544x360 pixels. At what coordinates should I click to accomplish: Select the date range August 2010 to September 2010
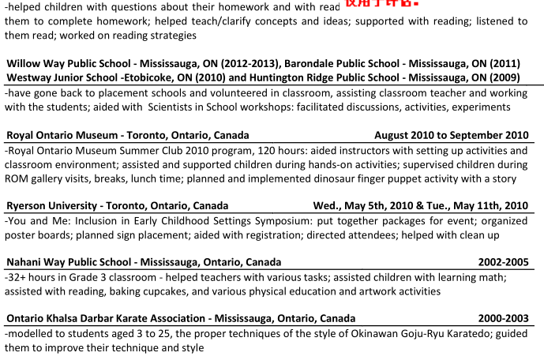[x=451, y=135]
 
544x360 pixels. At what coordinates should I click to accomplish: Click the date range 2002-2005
[x=503, y=262]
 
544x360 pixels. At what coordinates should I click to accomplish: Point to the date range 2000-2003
[x=503, y=318]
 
